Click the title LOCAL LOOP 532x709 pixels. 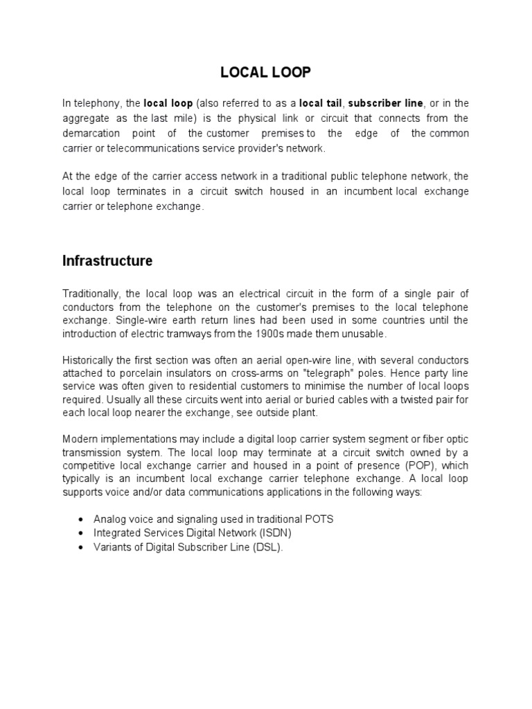pos(265,71)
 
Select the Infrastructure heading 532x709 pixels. pos(107,261)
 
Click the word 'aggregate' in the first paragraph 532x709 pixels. pos(85,118)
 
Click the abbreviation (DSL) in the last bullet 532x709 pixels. pos(269,547)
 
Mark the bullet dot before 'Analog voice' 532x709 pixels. pos(82,519)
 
